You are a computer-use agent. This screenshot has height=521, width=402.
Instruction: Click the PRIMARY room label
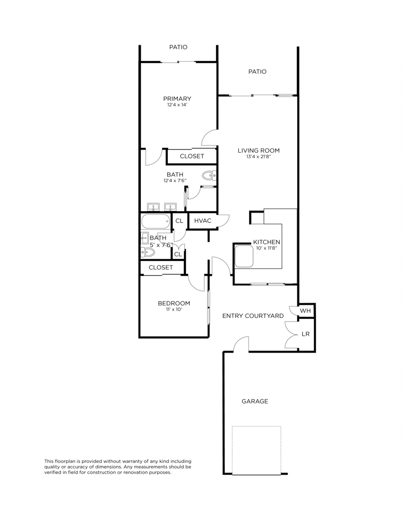[x=177, y=99]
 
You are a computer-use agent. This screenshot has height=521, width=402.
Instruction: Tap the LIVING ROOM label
[x=259, y=150]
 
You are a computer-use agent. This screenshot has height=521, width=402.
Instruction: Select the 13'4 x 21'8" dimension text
[x=259, y=157]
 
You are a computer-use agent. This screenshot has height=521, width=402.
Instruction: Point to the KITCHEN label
[x=267, y=242]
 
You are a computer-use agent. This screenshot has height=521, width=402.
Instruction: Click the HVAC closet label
[x=203, y=221]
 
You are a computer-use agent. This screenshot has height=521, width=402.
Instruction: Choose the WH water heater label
[x=305, y=310]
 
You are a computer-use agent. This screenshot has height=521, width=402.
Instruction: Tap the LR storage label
[x=305, y=334]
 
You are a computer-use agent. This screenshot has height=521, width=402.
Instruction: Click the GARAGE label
[x=255, y=401]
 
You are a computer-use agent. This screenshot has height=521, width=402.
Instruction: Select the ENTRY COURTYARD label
[x=253, y=316]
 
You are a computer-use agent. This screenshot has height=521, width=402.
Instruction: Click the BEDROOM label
[x=174, y=303]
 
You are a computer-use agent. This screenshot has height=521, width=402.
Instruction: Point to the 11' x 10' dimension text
[x=174, y=309]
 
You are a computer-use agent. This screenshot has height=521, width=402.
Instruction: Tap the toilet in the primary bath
[x=208, y=177]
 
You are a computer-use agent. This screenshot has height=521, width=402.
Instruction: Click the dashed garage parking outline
[x=257, y=450]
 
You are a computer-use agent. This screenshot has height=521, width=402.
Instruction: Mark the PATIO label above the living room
[x=257, y=72]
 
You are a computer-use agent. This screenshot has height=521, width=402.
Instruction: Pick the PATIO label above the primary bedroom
[x=178, y=47]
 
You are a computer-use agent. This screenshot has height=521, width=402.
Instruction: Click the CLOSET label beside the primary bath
[x=192, y=156]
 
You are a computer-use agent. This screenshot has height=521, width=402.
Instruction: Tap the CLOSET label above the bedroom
[x=161, y=267]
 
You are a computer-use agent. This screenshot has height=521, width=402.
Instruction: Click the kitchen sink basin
[x=244, y=257]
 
